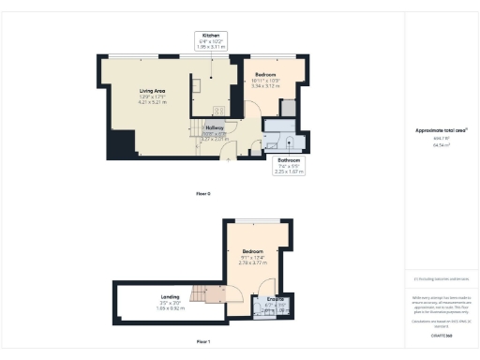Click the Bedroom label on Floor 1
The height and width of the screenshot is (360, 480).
coord(254,252)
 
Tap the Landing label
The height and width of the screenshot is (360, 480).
coord(170,296)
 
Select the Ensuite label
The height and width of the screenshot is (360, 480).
coord(276,301)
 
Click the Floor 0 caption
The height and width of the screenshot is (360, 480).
coord(202,193)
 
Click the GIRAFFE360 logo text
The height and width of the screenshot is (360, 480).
coord(441,335)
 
